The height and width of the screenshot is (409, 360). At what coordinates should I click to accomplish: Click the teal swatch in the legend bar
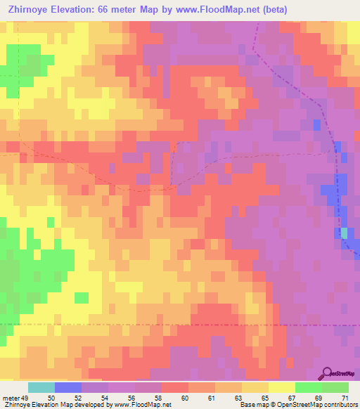(x=41, y=387)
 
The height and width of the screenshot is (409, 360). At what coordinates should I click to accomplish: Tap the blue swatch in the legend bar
(x=68, y=387)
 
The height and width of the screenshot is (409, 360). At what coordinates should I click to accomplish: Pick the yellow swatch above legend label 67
(x=282, y=387)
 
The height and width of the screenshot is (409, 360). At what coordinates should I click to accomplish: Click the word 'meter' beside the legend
(x=11, y=398)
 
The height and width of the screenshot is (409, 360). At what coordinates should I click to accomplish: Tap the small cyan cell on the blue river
(x=344, y=233)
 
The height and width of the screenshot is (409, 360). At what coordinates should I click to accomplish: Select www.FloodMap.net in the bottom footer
(x=141, y=405)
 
